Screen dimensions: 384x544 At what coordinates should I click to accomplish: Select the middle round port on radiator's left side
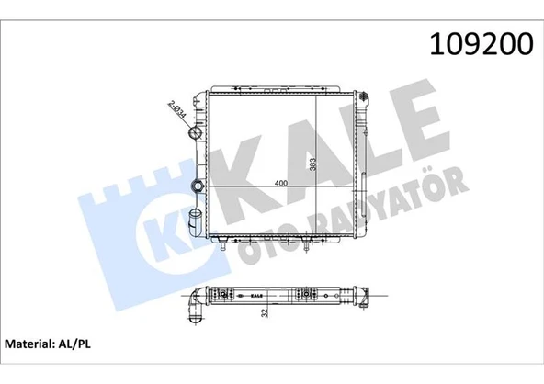click(195, 186)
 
